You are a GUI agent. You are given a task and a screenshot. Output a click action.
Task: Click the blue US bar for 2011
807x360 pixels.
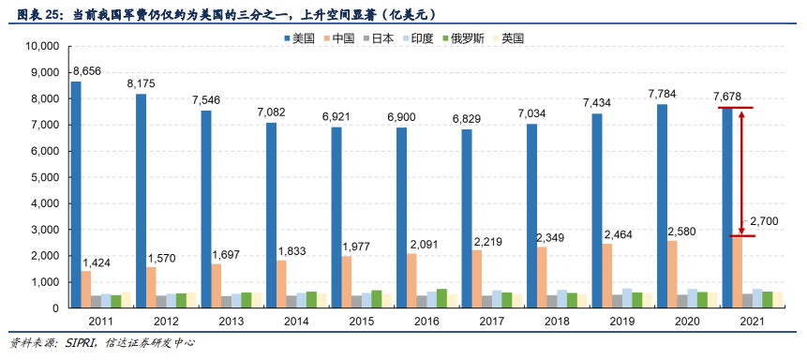tap(76, 194)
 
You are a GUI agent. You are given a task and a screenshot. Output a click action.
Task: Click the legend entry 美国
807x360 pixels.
tap(297, 38)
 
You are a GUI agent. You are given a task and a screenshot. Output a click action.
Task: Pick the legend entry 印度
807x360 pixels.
tap(416, 38)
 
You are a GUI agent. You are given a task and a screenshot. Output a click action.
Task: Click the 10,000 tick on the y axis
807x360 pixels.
tap(41, 46)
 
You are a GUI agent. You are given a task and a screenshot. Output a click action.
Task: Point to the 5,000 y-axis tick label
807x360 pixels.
tap(44, 177)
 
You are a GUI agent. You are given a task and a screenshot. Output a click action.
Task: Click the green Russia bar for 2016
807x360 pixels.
tap(441, 298)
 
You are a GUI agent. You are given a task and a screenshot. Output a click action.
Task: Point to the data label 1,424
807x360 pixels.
tap(98, 262)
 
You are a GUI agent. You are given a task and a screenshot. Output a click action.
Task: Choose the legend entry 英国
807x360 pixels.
tap(512, 38)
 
